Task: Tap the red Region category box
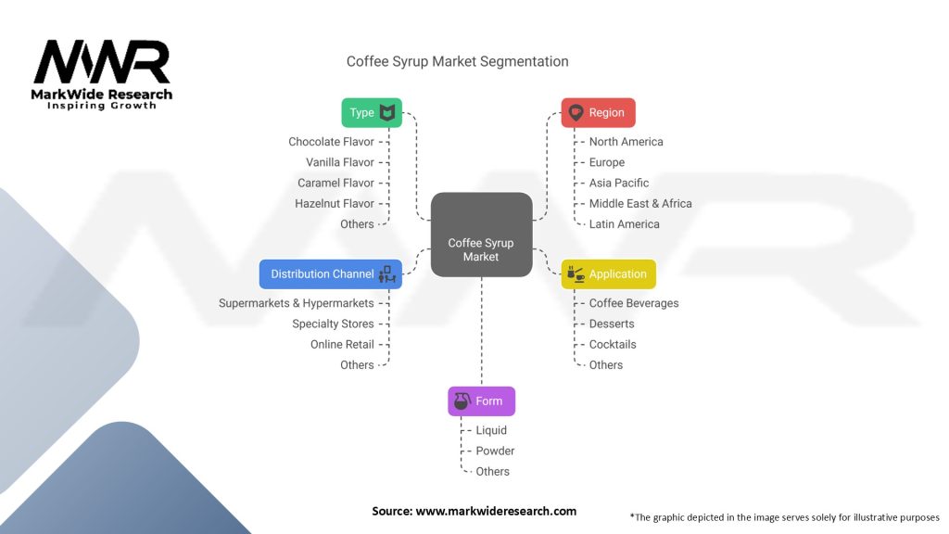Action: coord(598,112)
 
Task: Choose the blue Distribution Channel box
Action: coord(331,273)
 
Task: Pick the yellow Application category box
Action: coord(608,273)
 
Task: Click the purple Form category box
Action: coord(481,401)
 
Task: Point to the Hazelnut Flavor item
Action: coord(335,203)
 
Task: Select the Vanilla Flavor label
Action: coord(340,162)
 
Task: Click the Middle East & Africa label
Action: coord(640,203)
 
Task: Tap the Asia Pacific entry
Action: coord(619,183)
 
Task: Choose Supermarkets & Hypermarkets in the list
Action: coord(297,303)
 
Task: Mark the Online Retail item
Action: coord(342,344)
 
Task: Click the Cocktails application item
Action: coord(613,344)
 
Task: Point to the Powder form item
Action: coord(495,451)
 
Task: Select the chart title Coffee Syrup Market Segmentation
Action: coord(458,61)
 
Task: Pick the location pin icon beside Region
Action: coord(576,113)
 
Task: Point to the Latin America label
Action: coord(625,223)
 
